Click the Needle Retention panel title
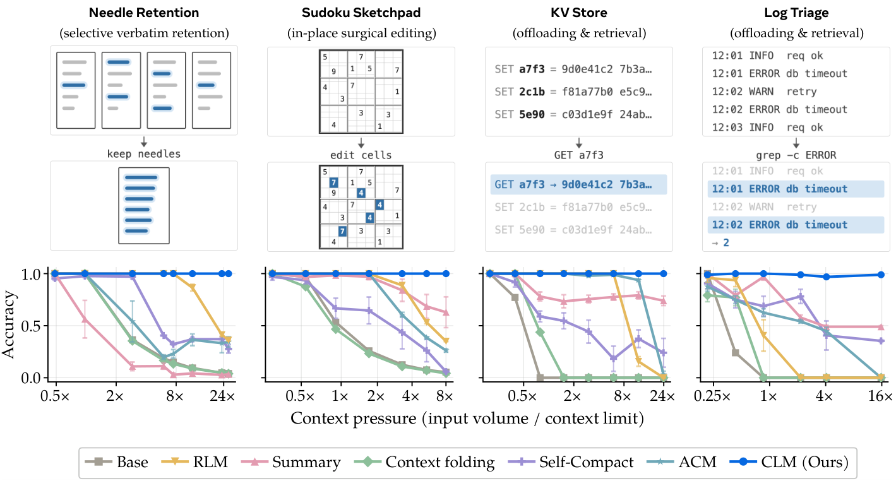click(143, 13)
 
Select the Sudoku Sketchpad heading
click(361, 13)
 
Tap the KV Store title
click(579, 13)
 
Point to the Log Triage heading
click(796, 13)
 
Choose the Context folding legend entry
click(424, 462)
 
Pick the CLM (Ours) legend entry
click(789, 462)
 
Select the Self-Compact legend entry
click(571, 462)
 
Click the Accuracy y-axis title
click(8, 324)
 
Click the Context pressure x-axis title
click(467, 419)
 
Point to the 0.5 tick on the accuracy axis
click(31, 326)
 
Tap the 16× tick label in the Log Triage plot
click(880, 396)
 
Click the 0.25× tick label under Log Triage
click(712, 396)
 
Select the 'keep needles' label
click(143, 154)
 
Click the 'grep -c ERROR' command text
click(796, 155)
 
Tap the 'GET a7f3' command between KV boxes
click(579, 155)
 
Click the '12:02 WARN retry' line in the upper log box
click(764, 92)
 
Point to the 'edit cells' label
click(361, 155)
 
